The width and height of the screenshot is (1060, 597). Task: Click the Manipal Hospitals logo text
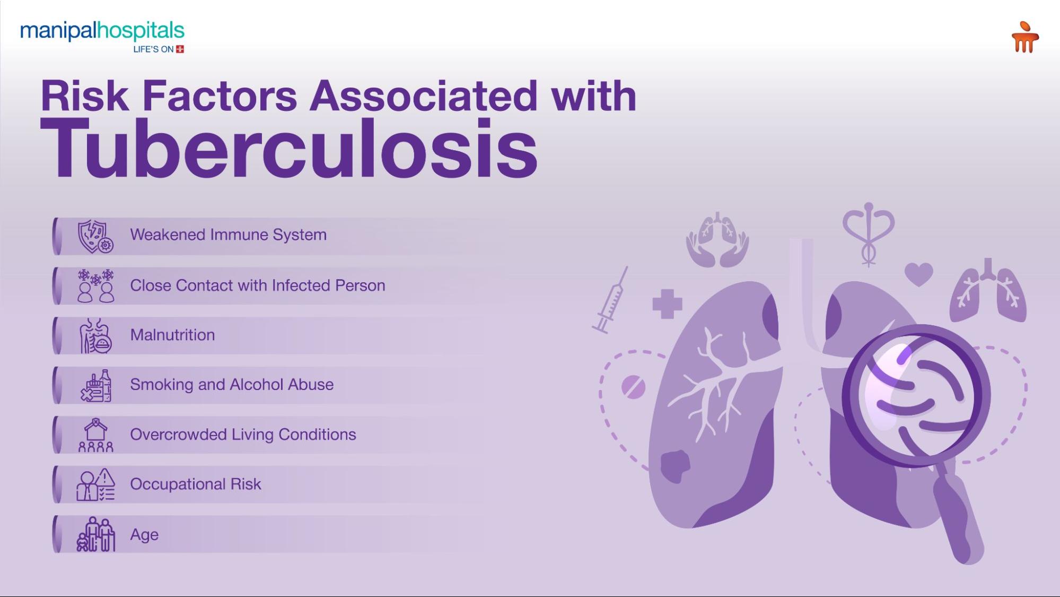click(102, 31)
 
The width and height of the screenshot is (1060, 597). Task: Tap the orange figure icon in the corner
click(1024, 37)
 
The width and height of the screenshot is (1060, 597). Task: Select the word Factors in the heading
click(220, 96)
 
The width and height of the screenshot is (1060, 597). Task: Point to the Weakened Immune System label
click(228, 235)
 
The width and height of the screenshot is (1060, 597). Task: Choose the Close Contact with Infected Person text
click(258, 285)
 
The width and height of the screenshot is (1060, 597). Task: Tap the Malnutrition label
click(172, 335)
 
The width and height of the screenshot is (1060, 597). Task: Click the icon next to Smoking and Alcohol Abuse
click(96, 386)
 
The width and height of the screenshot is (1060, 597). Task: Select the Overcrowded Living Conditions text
click(243, 435)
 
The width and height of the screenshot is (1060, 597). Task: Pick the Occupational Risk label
click(196, 484)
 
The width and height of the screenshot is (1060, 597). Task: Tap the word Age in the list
click(144, 534)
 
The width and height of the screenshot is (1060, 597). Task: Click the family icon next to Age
click(96, 534)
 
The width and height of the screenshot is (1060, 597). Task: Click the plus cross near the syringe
click(667, 304)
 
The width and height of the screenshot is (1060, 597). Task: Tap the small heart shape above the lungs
click(918, 274)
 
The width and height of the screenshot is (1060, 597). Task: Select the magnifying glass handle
click(959, 518)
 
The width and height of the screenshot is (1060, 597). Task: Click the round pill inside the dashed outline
click(633, 387)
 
